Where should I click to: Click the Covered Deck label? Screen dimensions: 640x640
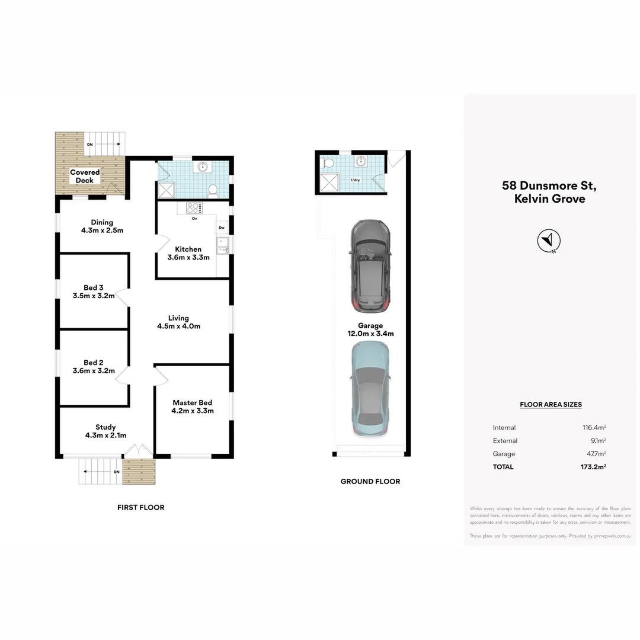coord(85,176)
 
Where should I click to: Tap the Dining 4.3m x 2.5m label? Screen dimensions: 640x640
coord(102,226)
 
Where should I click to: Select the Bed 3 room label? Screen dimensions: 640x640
coord(94,292)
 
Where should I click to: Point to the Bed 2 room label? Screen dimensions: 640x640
coord(94,367)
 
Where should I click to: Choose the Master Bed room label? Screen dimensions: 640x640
coord(192,407)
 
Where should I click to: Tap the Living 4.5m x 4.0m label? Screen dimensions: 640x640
coord(178,322)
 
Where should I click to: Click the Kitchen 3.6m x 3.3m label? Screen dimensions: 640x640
coord(188,253)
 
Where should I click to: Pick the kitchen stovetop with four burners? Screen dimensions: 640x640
coord(194,207)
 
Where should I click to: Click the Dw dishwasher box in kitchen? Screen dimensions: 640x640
coord(222,228)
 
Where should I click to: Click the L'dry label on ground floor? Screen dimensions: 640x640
coord(356,180)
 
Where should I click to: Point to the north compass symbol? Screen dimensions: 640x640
coord(549,241)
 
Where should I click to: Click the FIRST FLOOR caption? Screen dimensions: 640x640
coord(140,507)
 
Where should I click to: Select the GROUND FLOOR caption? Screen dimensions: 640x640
coord(370,481)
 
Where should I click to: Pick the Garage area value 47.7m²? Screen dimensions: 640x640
coord(594,454)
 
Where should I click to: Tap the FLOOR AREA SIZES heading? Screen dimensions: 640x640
coord(551,405)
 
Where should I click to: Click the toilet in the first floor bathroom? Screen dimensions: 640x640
coord(213,190)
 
